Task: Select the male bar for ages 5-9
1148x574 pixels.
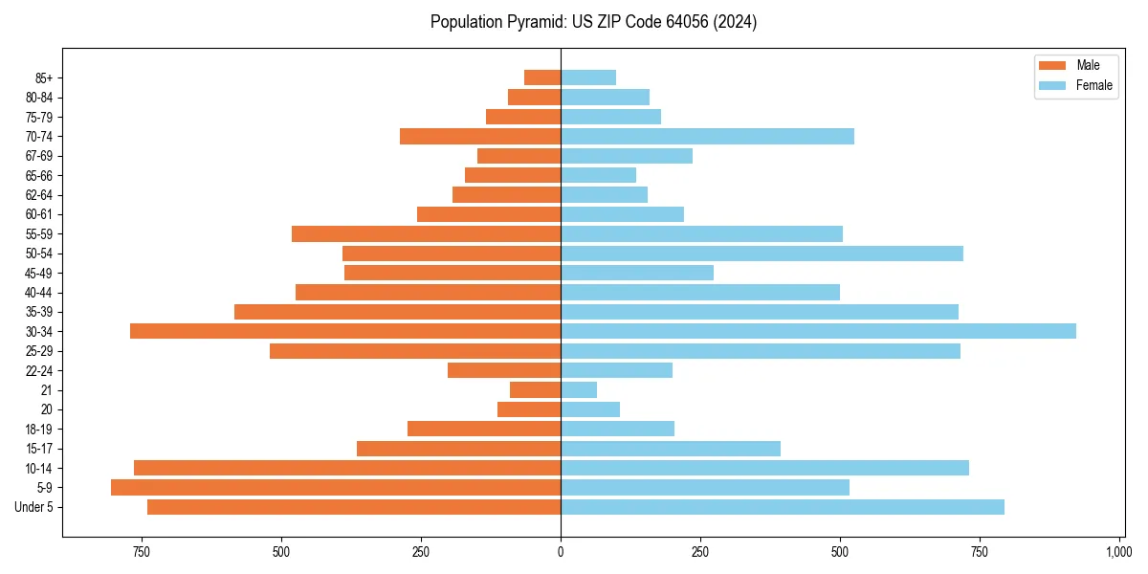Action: pos(335,487)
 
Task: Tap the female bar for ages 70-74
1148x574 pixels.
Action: pos(707,136)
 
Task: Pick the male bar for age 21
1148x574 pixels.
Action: pos(535,389)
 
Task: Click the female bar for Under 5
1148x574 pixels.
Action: pos(783,507)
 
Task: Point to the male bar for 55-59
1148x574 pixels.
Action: pos(426,233)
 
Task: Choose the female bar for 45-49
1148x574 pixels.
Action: pos(637,273)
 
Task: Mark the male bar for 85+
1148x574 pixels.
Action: pos(542,77)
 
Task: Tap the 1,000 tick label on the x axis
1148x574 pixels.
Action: pos(1118,552)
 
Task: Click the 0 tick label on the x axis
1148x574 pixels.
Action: pos(561,552)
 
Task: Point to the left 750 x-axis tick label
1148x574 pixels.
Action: pos(142,552)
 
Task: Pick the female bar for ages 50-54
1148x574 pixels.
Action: pos(762,254)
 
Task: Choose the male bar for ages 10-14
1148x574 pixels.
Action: pos(347,468)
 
